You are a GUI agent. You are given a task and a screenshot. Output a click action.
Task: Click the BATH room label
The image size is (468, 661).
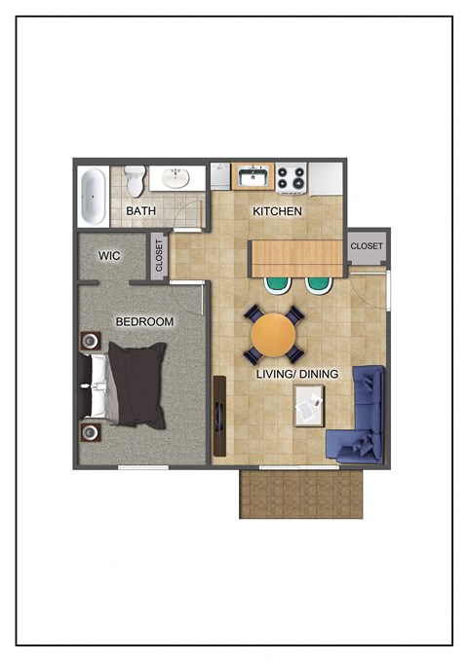click(140, 210)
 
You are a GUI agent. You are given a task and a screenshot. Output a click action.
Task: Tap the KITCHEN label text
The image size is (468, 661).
click(278, 211)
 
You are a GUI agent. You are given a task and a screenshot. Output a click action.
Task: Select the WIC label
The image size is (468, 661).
click(108, 256)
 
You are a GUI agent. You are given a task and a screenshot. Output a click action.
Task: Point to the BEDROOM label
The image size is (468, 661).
click(144, 322)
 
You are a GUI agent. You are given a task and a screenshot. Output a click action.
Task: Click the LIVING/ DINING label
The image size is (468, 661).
click(297, 374)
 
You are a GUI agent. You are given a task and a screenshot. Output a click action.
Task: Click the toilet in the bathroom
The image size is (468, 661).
click(135, 179)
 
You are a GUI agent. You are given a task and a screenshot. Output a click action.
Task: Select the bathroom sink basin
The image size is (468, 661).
click(176, 178)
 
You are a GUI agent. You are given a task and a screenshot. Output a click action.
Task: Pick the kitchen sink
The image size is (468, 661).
click(253, 178)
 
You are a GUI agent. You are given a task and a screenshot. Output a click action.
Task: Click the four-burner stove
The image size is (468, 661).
click(292, 179)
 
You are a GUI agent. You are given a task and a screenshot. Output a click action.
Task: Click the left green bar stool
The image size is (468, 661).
click(278, 283)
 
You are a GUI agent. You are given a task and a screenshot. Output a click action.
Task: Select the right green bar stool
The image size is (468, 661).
click(319, 283)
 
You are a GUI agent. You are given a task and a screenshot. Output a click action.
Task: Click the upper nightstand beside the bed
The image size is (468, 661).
click(91, 341)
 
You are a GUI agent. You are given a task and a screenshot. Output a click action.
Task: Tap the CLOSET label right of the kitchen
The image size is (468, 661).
click(367, 246)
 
